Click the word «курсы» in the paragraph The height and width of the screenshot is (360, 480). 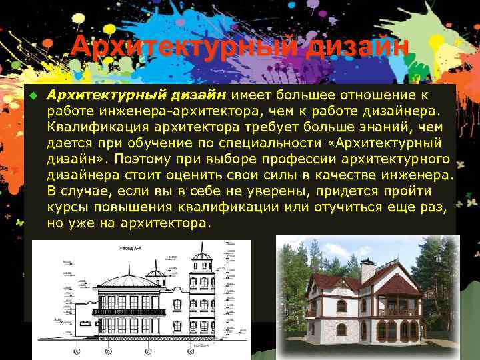pos(65,208)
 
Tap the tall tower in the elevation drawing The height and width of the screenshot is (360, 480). pos(201,287)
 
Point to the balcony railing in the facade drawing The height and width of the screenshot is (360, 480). pos(128,311)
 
